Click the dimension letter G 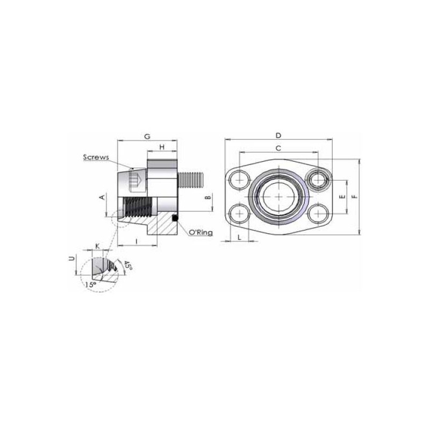click(x=147, y=137)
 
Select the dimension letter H click(x=162, y=147)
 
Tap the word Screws click(x=96, y=157)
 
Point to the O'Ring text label click(x=201, y=233)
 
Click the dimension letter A click(x=102, y=197)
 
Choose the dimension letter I click(x=137, y=241)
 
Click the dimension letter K click(x=97, y=246)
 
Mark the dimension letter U click(x=72, y=259)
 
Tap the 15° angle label click(x=91, y=285)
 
